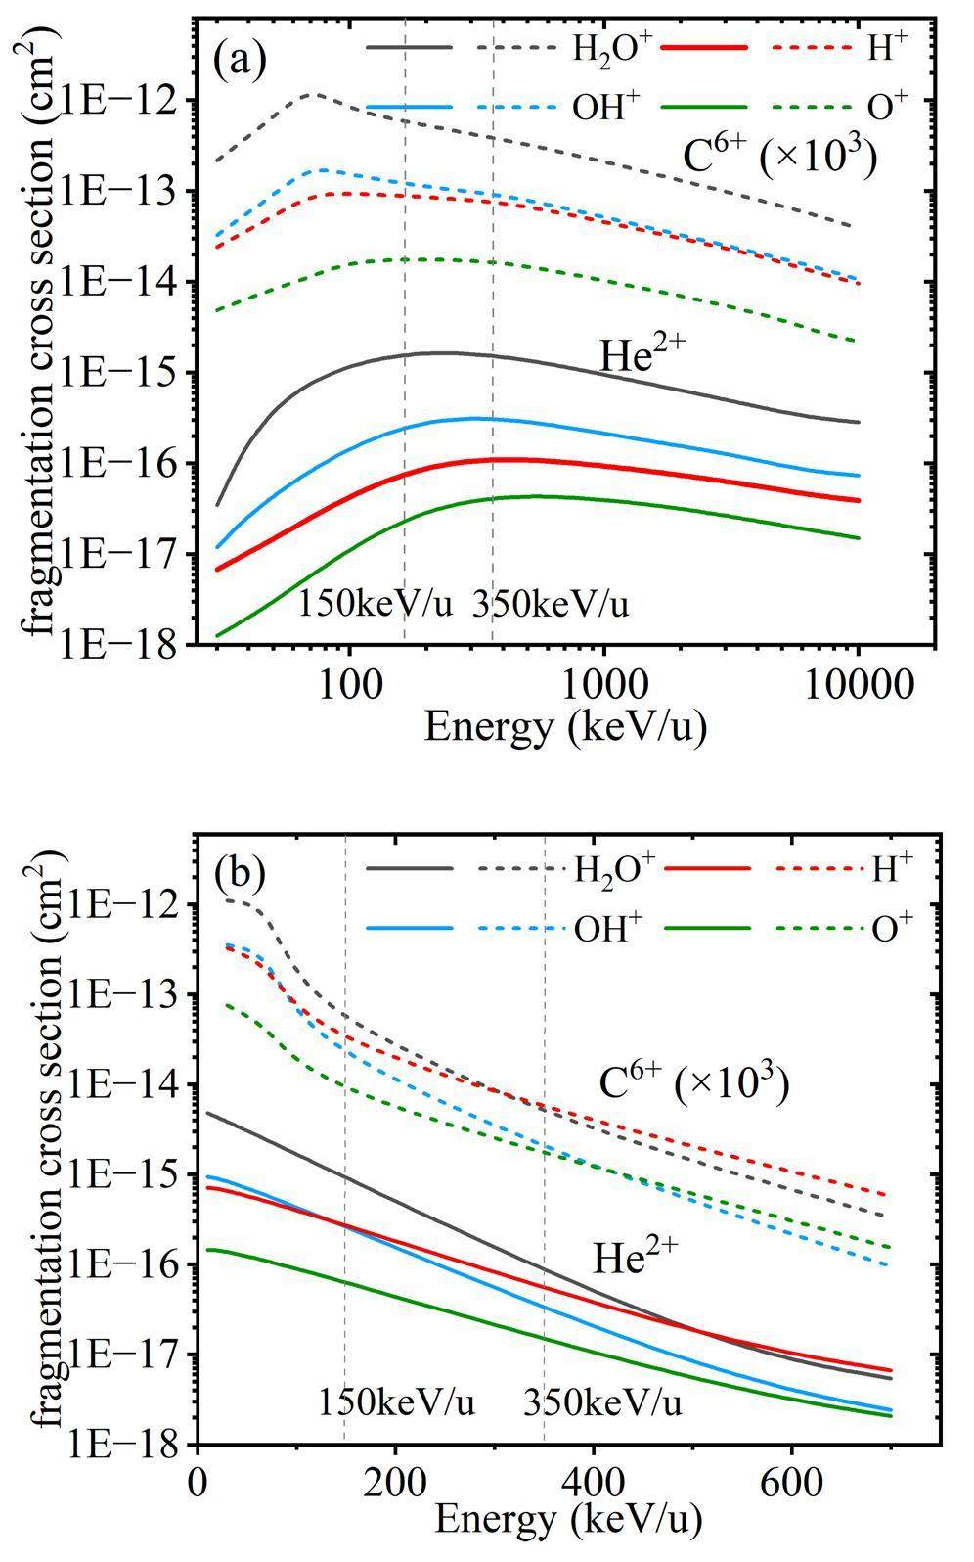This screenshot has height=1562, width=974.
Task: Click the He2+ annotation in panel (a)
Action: click(641, 356)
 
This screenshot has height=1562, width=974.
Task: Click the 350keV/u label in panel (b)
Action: click(602, 1402)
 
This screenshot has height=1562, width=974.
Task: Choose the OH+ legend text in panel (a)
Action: click(613, 108)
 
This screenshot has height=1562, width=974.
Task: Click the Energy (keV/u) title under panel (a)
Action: click(564, 727)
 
